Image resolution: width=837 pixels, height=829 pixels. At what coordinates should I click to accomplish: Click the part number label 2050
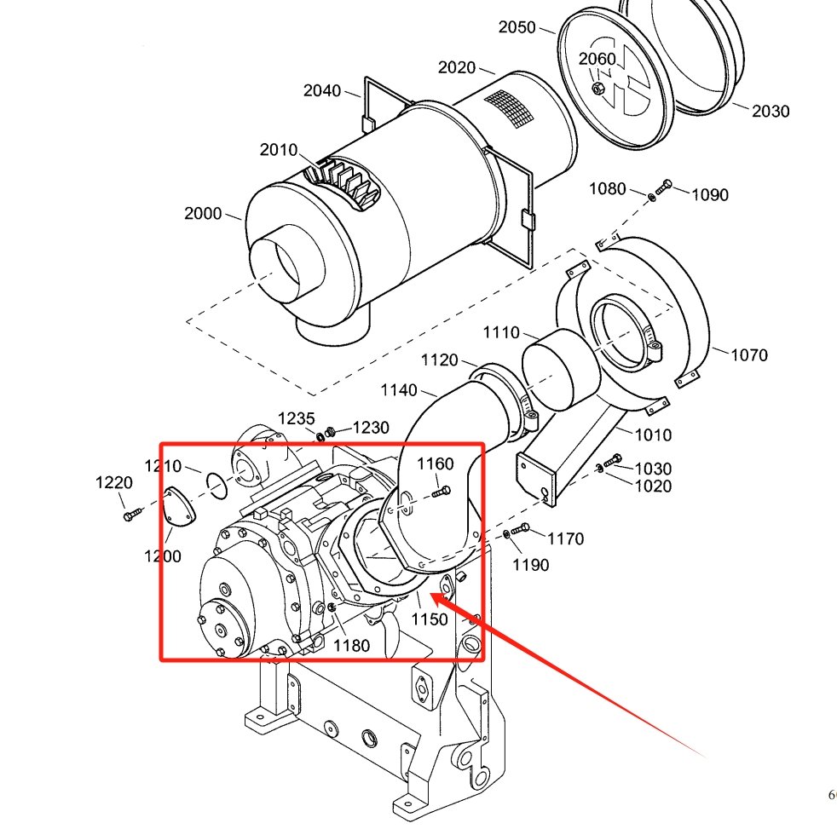point(517,27)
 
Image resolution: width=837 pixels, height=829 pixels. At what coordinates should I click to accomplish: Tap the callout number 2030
point(771,111)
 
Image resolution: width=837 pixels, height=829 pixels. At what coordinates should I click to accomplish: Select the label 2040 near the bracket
point(322,90)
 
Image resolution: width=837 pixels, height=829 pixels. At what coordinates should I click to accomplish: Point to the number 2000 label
point(203,213)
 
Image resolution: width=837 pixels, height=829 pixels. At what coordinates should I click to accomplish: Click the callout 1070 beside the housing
point(749,354)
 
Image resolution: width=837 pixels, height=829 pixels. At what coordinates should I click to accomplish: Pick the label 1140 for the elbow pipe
point(399,390)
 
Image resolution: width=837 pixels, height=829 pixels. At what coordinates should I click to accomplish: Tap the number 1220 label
point(113,483)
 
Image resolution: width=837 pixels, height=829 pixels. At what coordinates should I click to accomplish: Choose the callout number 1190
point(531,565)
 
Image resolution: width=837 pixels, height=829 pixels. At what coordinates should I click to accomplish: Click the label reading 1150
point(430,619)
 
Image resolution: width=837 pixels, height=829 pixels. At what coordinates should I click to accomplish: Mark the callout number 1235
point(297,419)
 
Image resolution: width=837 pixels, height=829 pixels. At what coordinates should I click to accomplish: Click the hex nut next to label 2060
point(597,89)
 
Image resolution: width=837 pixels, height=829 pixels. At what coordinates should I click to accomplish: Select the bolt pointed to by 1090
point(664,187)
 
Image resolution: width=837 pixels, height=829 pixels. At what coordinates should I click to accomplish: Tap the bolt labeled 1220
point(132,515)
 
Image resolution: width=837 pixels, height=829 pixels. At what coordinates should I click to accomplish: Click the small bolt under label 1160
point(441,492)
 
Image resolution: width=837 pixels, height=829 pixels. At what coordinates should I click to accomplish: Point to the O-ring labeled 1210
point(216,486)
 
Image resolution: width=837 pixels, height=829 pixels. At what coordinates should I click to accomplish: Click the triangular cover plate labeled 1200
point(178,507)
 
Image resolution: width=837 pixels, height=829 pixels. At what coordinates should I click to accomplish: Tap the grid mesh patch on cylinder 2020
point(509,109)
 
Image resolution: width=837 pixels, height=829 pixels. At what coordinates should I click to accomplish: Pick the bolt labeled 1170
point(521,529)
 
